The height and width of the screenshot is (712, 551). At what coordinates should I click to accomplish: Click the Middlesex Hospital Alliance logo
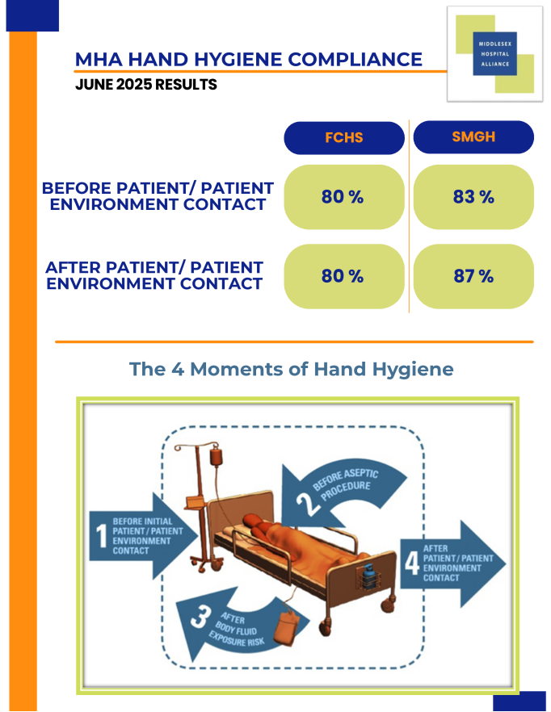pyautogui.click(x=494, y=54)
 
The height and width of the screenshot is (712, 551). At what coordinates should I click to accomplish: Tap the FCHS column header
pyautogui.click(x=344, y=137)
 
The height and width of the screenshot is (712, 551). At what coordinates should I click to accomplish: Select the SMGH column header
pyautogui.click(x=473, y=137)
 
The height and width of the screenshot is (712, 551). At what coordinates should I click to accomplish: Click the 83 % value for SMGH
pyautogui.click(x=473, y=197)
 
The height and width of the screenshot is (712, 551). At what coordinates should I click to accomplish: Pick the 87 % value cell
pyautogui.click(x=473, y=276)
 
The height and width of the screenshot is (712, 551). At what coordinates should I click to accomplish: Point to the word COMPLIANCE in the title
pyautogui.click(x=355, y=60)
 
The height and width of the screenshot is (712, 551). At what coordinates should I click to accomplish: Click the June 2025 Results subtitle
pyautogui.click(x=146, y=85)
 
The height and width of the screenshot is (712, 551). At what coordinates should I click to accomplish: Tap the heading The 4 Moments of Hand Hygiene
pyautogui.click(x=292, y=369)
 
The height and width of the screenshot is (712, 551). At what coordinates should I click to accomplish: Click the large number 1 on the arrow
pyautogui.click(x=101, y=536)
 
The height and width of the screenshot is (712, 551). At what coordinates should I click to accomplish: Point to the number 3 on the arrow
pyautogui.click(x=200, y=617)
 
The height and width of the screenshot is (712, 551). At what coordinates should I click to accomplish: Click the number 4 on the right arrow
pyautogui.click(x=412, y=563)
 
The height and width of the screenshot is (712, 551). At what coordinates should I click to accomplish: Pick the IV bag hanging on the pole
pyautogui.click(x=217, y=455)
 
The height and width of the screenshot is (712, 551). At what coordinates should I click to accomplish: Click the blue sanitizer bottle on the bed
pyautogui.click(x=368, y=576)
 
